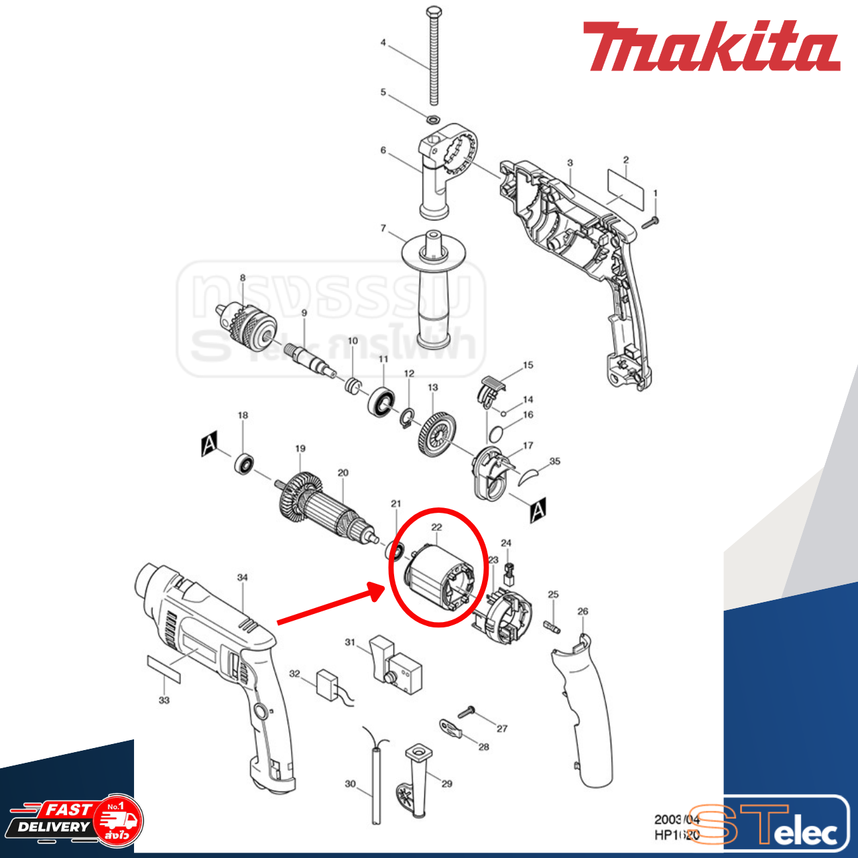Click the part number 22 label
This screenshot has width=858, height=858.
(x=436, y=528)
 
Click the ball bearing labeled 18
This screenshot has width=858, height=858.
(x=245, y=464)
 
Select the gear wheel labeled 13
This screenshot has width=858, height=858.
(x=437, y=434)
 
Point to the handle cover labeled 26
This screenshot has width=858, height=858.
(x=583, y=711)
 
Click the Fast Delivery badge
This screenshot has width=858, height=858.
(x=74, y=820)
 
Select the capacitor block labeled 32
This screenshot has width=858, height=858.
(x=329, y=684)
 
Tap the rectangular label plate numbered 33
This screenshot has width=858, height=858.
(x=164, y=669)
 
